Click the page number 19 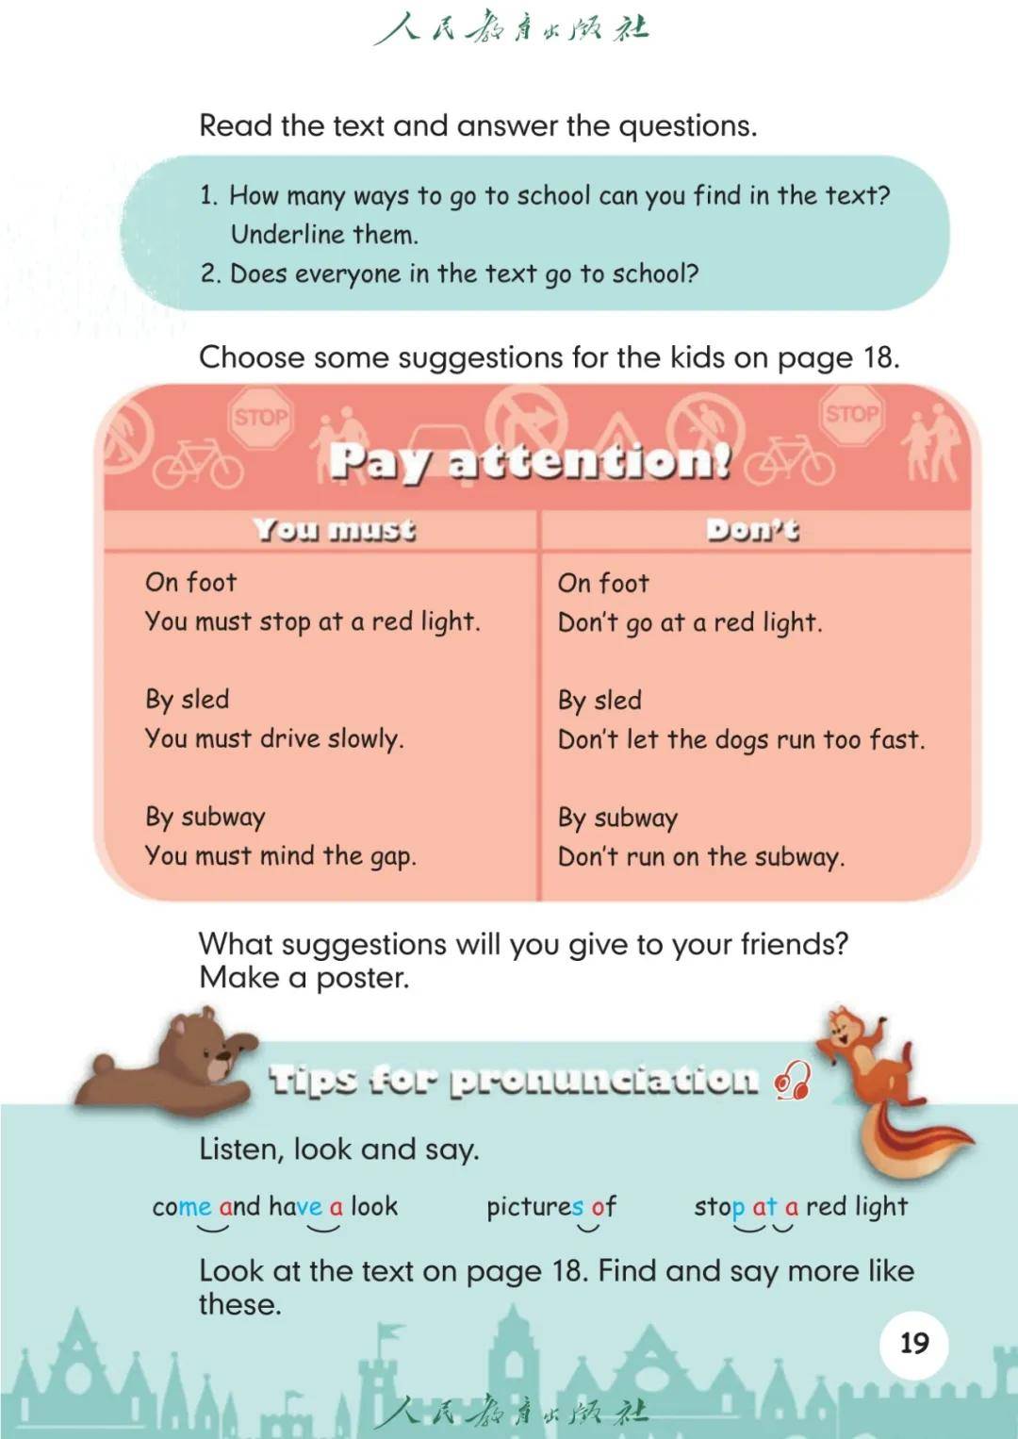[x=913, y=1343]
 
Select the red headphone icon [x=793, y=1082]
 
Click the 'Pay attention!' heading [x=530, y=462]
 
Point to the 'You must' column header [x=334, y=530]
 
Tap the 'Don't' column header [x=752, y=530]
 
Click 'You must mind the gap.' [x=280, y=856]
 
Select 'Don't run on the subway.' [x=700, y=857]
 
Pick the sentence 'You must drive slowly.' [x=273, y=738]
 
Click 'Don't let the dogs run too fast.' [x=741, y=739]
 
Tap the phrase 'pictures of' [x=550, y=1207]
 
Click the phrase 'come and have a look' [x=274, y=1207]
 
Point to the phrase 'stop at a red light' [x=800, y=1207]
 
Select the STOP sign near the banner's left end [x=260, y=417]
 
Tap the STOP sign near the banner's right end [x=851, y=414]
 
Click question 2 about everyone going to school [x=450, y=274]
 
